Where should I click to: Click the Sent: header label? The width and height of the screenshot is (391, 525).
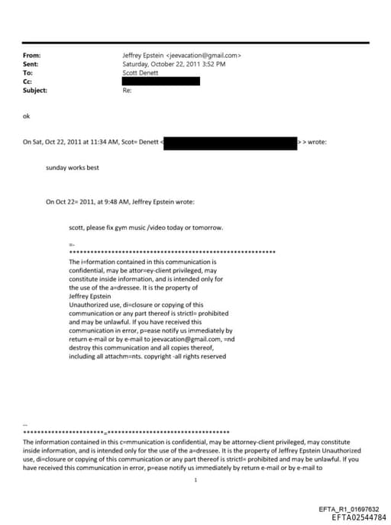pyautogui.click(x=31, y=65)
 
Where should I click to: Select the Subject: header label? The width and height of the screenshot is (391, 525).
pyautogui.click(x=35, y=90)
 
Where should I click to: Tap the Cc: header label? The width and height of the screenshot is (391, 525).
pyautogui.click(x=28, y=82)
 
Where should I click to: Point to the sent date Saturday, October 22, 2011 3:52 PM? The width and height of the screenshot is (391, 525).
pyautogui.click(x=173, y=65)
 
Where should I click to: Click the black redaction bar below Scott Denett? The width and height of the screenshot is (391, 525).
pyautogui.click(x=161, y=81)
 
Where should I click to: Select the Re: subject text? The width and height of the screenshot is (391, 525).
pyautogui.click(x=127, y=90)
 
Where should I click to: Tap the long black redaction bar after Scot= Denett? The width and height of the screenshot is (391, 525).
pyautogui.click(x=231, y=142)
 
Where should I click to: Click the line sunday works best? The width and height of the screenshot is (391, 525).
pyautogui.click(x=72, y=167)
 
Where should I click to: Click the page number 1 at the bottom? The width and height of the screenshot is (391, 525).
pyautogui.click(x=196, y=480)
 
